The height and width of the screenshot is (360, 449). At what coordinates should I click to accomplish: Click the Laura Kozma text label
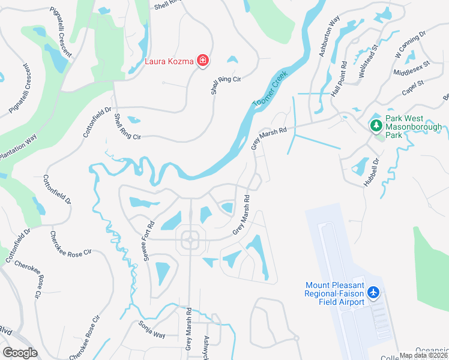point(170,61)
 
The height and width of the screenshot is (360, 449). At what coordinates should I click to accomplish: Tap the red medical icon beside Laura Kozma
point(203,61)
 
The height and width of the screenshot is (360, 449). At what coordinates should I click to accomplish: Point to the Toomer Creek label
point(270,90)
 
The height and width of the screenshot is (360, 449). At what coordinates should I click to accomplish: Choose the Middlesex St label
point(412,68)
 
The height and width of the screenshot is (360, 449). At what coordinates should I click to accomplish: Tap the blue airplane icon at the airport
point(374,292)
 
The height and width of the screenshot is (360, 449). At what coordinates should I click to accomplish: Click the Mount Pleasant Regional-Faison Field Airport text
point(335,293)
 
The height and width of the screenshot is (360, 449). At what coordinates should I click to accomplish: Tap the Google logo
point(20,353)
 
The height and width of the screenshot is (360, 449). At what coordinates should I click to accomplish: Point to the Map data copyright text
point(424,355)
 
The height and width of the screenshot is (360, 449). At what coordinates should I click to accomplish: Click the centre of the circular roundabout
point(190,240)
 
